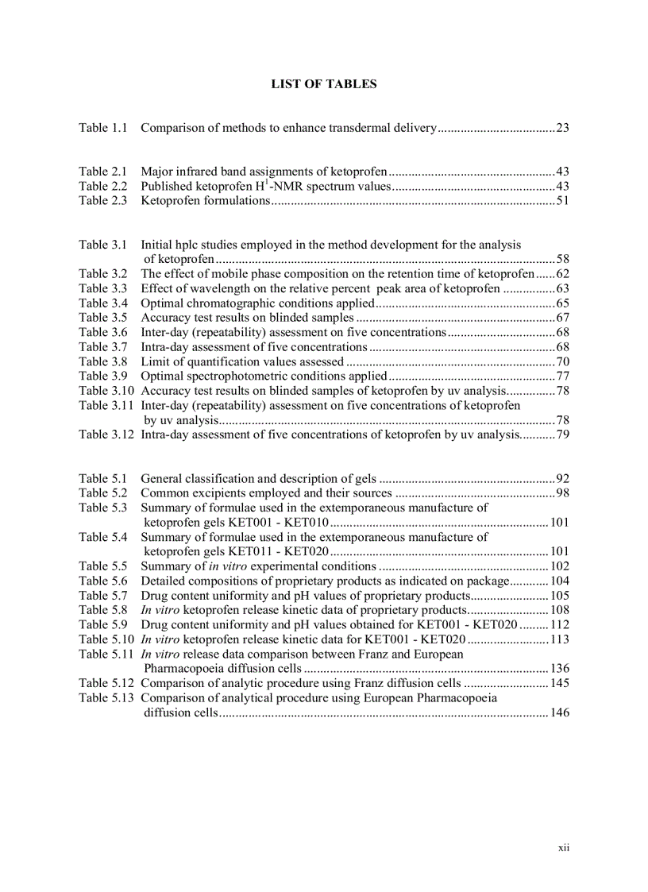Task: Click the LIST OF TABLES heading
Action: click(x=324, y=83)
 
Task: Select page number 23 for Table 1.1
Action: click(x=562, y=127)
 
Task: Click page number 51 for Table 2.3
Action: click(x=562, y=200)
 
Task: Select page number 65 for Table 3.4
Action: click(x=562, y=303)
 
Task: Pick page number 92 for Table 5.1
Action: click(x=562, y=478)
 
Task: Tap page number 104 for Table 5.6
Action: click(x=560, y=581)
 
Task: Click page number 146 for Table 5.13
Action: click(x=560, y=712)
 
